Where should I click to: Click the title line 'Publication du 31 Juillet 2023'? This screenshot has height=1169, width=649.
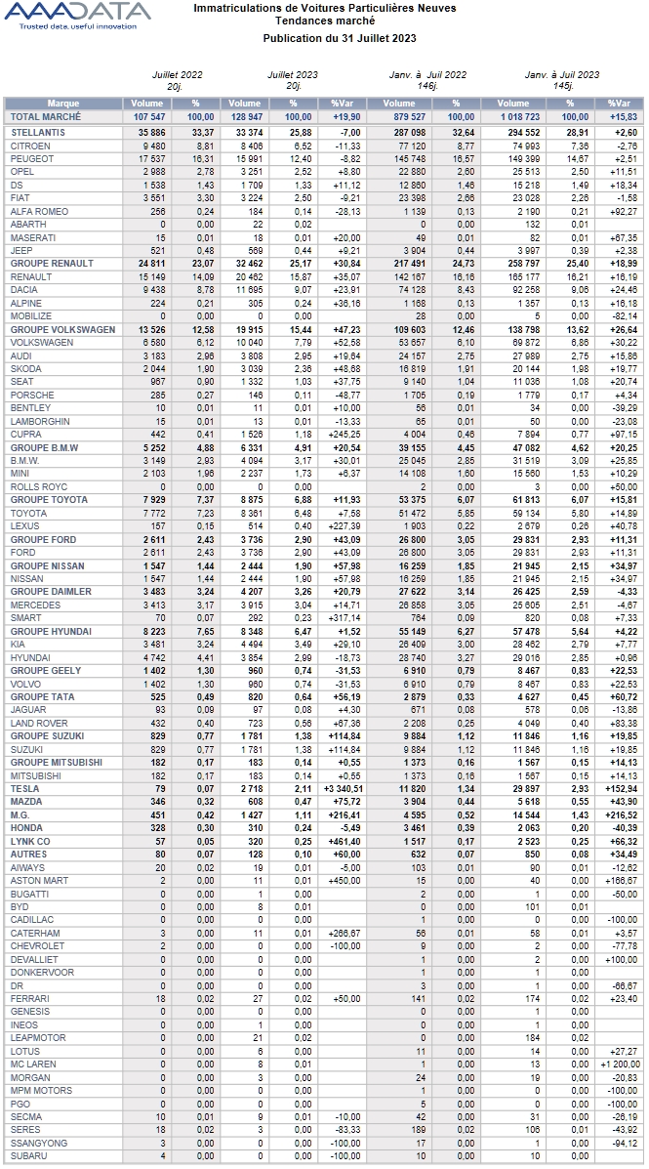click(x=340, y=37)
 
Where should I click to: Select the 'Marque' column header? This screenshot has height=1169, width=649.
click(x=63, y=104)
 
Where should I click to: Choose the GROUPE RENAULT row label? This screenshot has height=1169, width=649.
click(x=52, y=263)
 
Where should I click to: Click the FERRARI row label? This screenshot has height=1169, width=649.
click(x=28, y=998)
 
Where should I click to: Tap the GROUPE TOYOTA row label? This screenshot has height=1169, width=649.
click(x=49, y=499)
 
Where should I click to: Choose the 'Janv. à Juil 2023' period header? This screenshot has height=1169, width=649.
click(x=562, y=74)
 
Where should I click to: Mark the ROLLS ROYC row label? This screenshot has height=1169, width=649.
click(x=38, y=486)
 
